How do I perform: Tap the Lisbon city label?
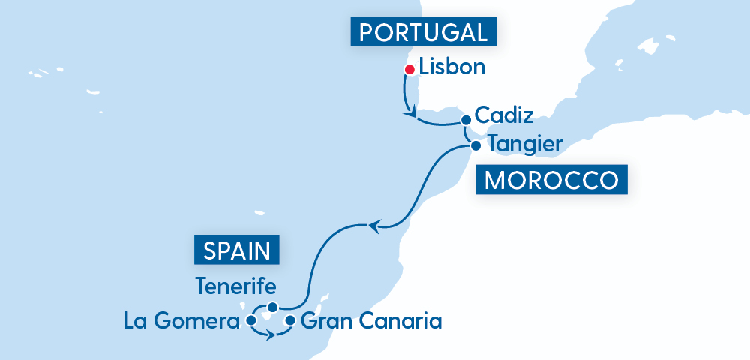(452, 67)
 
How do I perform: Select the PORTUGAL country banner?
(424, 32)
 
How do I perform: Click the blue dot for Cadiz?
(466, 119)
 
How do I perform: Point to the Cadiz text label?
(504, 116)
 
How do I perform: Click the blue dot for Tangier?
(475, 145)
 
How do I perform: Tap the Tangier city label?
(524, 143)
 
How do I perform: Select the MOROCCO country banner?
(551, 181)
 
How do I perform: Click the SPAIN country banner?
(237, 249)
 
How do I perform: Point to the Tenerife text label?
(235, 286)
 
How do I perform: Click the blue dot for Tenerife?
(273, 307)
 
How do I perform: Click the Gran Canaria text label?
(370, 322)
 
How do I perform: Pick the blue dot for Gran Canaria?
(290, 321)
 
